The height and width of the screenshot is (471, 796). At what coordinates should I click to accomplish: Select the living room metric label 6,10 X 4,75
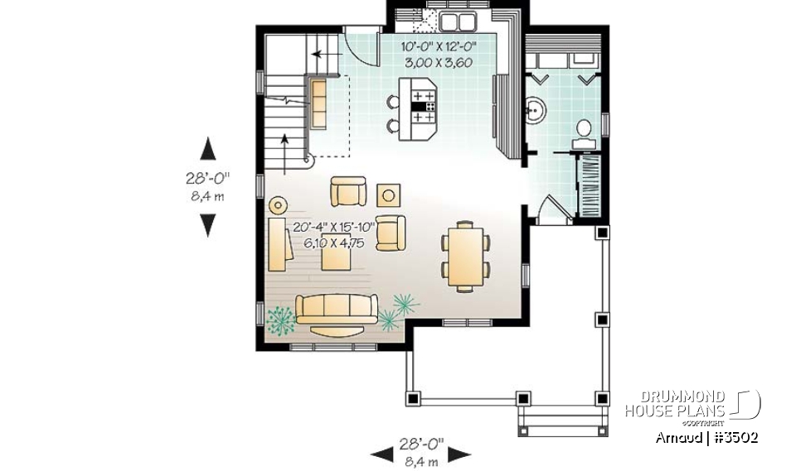tap(333, 243)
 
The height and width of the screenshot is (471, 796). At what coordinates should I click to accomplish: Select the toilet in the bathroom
tap(584, 130)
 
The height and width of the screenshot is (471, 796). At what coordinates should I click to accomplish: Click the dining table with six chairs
tap(464, 254)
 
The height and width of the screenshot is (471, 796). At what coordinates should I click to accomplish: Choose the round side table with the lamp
tap(279, 204)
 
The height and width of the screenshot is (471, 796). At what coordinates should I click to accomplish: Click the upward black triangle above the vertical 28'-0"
tap(208, 150)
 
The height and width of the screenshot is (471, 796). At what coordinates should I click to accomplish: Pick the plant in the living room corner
tap(281, 319)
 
